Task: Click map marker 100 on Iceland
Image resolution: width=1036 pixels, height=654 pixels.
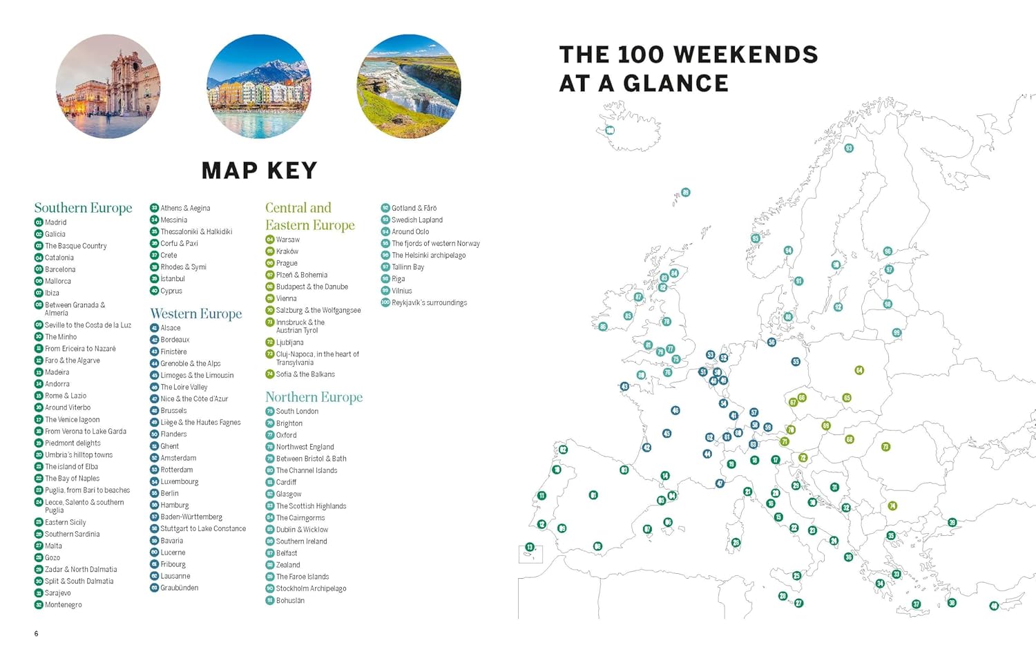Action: point(610,131)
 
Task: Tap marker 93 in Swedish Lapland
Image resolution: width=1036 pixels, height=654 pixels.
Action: point(849,148)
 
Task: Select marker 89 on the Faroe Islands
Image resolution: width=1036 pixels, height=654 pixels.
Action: point(685,193)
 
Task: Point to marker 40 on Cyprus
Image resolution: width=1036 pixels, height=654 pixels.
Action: point(994,606)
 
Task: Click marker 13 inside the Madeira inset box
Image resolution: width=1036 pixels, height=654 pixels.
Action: point(530,547)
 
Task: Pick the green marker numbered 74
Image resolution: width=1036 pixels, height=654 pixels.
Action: point(892,506)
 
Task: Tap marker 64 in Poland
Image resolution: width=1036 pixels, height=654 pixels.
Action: point(859,370)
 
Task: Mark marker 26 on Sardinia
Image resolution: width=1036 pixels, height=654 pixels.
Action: point(736,543)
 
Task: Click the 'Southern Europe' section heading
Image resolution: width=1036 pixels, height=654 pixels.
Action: point(83,208)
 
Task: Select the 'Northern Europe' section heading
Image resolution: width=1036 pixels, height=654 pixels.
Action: point(314,397)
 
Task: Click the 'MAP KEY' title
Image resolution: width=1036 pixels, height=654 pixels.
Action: point(259,171)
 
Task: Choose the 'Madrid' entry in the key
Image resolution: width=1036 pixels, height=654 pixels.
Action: point(56,222)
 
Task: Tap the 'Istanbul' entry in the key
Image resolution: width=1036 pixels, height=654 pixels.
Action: point(173,279)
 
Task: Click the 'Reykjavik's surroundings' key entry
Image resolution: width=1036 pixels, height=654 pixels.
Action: point(429,302)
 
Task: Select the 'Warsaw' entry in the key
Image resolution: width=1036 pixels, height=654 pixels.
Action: point(288,240)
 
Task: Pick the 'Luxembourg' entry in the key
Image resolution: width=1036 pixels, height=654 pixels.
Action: point(180,481)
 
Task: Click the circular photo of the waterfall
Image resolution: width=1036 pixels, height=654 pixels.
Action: point(409,87)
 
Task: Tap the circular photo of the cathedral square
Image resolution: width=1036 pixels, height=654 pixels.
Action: point(108,87)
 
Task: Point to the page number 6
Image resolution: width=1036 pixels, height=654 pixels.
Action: point(37,633)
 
